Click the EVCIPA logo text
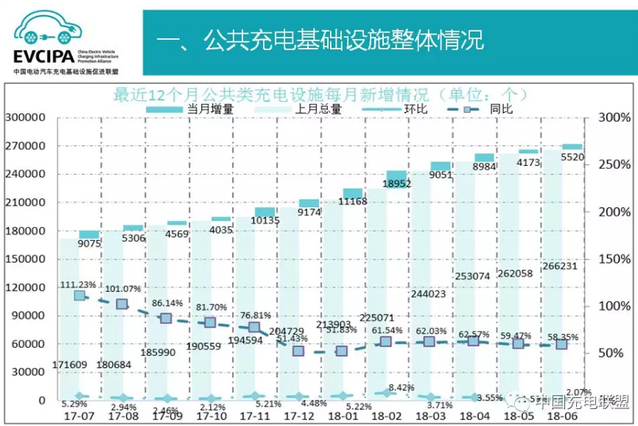coord(42,57)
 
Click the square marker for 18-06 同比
coord(561,344)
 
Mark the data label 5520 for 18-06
coord(572,157)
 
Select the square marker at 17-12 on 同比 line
coord(298,351)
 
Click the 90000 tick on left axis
coord(29,315)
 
